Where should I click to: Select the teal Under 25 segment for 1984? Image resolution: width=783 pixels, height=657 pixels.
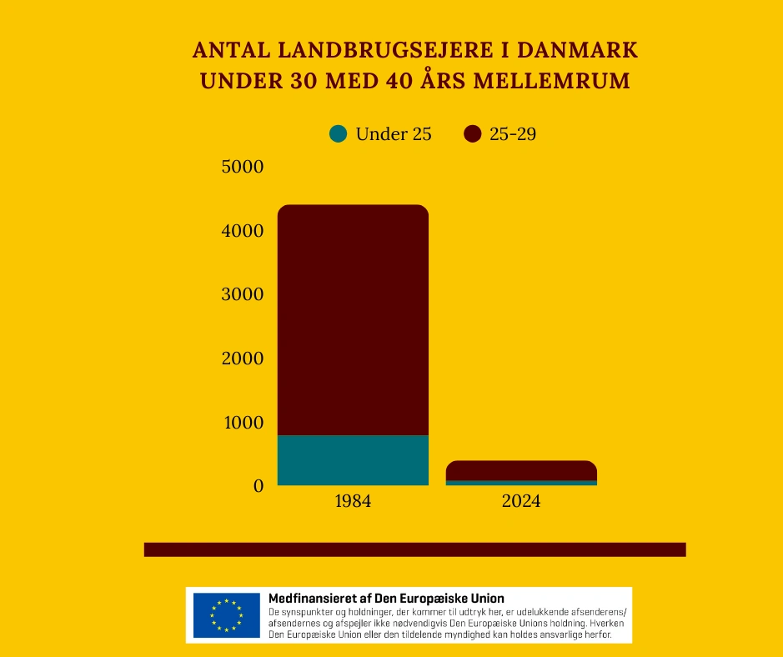point(353,460)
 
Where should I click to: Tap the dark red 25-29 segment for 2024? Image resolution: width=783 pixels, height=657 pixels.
point(521,470)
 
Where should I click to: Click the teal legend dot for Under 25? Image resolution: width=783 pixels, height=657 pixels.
point(339,133)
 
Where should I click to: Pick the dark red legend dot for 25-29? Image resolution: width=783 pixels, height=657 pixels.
point(473,133)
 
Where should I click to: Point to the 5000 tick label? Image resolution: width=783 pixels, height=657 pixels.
point(242,167)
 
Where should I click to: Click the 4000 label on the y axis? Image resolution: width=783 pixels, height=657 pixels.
point(242,231)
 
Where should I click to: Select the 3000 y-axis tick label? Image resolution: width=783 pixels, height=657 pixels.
point(242,294)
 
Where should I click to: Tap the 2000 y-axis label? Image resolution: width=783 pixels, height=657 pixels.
point(242,359)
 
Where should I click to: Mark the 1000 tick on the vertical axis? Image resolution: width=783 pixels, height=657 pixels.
point(242,422)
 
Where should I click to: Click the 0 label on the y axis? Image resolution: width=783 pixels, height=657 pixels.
point(258,486)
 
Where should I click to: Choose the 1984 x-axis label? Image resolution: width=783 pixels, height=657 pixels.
point(353,502)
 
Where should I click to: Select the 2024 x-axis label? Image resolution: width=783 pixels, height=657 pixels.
point(521,502)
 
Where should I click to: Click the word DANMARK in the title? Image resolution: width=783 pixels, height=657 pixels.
point(578,50)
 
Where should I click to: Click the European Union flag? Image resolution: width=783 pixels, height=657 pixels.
point(226,615)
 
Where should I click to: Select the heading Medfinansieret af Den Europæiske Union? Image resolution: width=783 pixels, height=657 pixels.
point(386,599)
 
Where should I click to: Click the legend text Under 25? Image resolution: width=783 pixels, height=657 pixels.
point(394,133)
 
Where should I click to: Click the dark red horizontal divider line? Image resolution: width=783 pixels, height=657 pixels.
point(414,549)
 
